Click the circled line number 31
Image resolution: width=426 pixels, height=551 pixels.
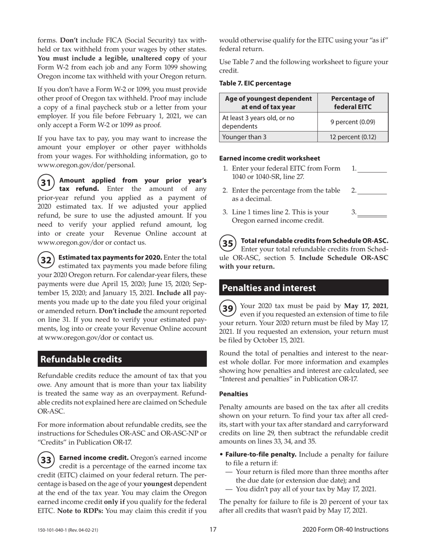click(x=45, y=183)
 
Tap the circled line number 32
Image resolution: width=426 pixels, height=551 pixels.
click(x=45, y=260)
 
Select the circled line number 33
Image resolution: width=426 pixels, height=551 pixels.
click(x=45, y=460)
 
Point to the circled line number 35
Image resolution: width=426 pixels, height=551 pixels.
click(x=228, y=243)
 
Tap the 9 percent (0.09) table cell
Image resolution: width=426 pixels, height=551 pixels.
click(x=352, y=121)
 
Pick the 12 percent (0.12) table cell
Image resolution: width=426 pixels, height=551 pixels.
click(x=352, y=137)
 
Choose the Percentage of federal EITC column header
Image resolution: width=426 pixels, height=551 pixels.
click(x=352, y=103)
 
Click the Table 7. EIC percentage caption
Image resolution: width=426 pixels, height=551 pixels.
click(x=255, y=83)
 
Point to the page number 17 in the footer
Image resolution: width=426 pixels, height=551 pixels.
click(x=213, y=530)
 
